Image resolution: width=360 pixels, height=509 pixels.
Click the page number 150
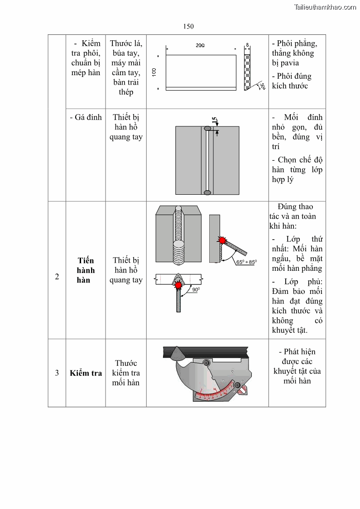coord(188,26)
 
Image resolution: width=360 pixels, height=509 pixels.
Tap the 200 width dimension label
coord(200,45)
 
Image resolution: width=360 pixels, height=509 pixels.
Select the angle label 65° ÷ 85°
coord(246,262)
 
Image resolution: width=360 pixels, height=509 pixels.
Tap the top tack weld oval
coord(207,129)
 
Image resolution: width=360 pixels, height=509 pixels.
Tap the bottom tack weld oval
coord(207,193)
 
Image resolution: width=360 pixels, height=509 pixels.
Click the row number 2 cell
coord(57,277)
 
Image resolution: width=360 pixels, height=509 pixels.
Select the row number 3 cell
coord(57,373)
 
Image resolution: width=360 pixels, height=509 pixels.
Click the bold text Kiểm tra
coord(86,373)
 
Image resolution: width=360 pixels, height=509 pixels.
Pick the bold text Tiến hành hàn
coord(86,270)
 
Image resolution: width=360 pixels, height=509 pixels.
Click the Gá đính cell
coord(86,117)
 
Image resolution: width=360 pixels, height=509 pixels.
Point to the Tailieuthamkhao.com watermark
coord(325,7)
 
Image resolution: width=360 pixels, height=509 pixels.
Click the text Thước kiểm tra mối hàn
coord(126,373)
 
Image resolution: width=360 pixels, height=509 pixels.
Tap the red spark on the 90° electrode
coord(179,286)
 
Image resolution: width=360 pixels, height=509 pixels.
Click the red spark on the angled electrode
coord(222,240)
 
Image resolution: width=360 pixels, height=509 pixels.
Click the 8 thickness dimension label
coord(247,45)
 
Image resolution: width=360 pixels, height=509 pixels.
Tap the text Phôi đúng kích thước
coord(292,81)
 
